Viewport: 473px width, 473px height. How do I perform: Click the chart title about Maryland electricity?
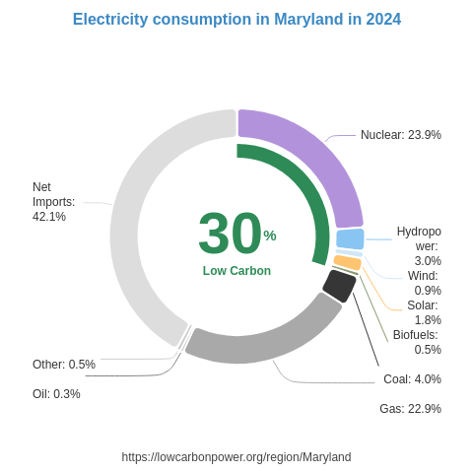(x=236, y=20)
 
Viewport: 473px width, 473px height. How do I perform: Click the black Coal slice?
(x=338, y=285)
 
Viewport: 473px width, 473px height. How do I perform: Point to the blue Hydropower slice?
(x=350, y=238)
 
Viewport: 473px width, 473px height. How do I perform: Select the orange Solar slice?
(x=347, y=262)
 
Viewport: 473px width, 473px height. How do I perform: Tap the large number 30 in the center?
(x=230, y=234)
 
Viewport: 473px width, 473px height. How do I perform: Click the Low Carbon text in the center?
(x=236, y=271)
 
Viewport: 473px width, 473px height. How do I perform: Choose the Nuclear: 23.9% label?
(x=400, y=135)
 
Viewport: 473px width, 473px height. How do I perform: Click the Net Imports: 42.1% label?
(x=53, y=202)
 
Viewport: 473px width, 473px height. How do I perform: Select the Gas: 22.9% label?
(x=410, y=409)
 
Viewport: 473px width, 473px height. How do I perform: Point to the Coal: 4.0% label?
(x=412, y=379)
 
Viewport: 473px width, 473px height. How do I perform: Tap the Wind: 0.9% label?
(x=424, y=283)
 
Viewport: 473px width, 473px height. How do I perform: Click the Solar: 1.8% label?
(x=424, y=312)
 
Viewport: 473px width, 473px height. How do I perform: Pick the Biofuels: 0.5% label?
(x=417, y=342)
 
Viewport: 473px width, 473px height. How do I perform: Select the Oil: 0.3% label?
(x=56, y=394)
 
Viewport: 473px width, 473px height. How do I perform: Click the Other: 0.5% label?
(x=64, y=365)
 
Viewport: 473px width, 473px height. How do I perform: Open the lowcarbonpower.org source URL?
(x=236, y=457)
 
